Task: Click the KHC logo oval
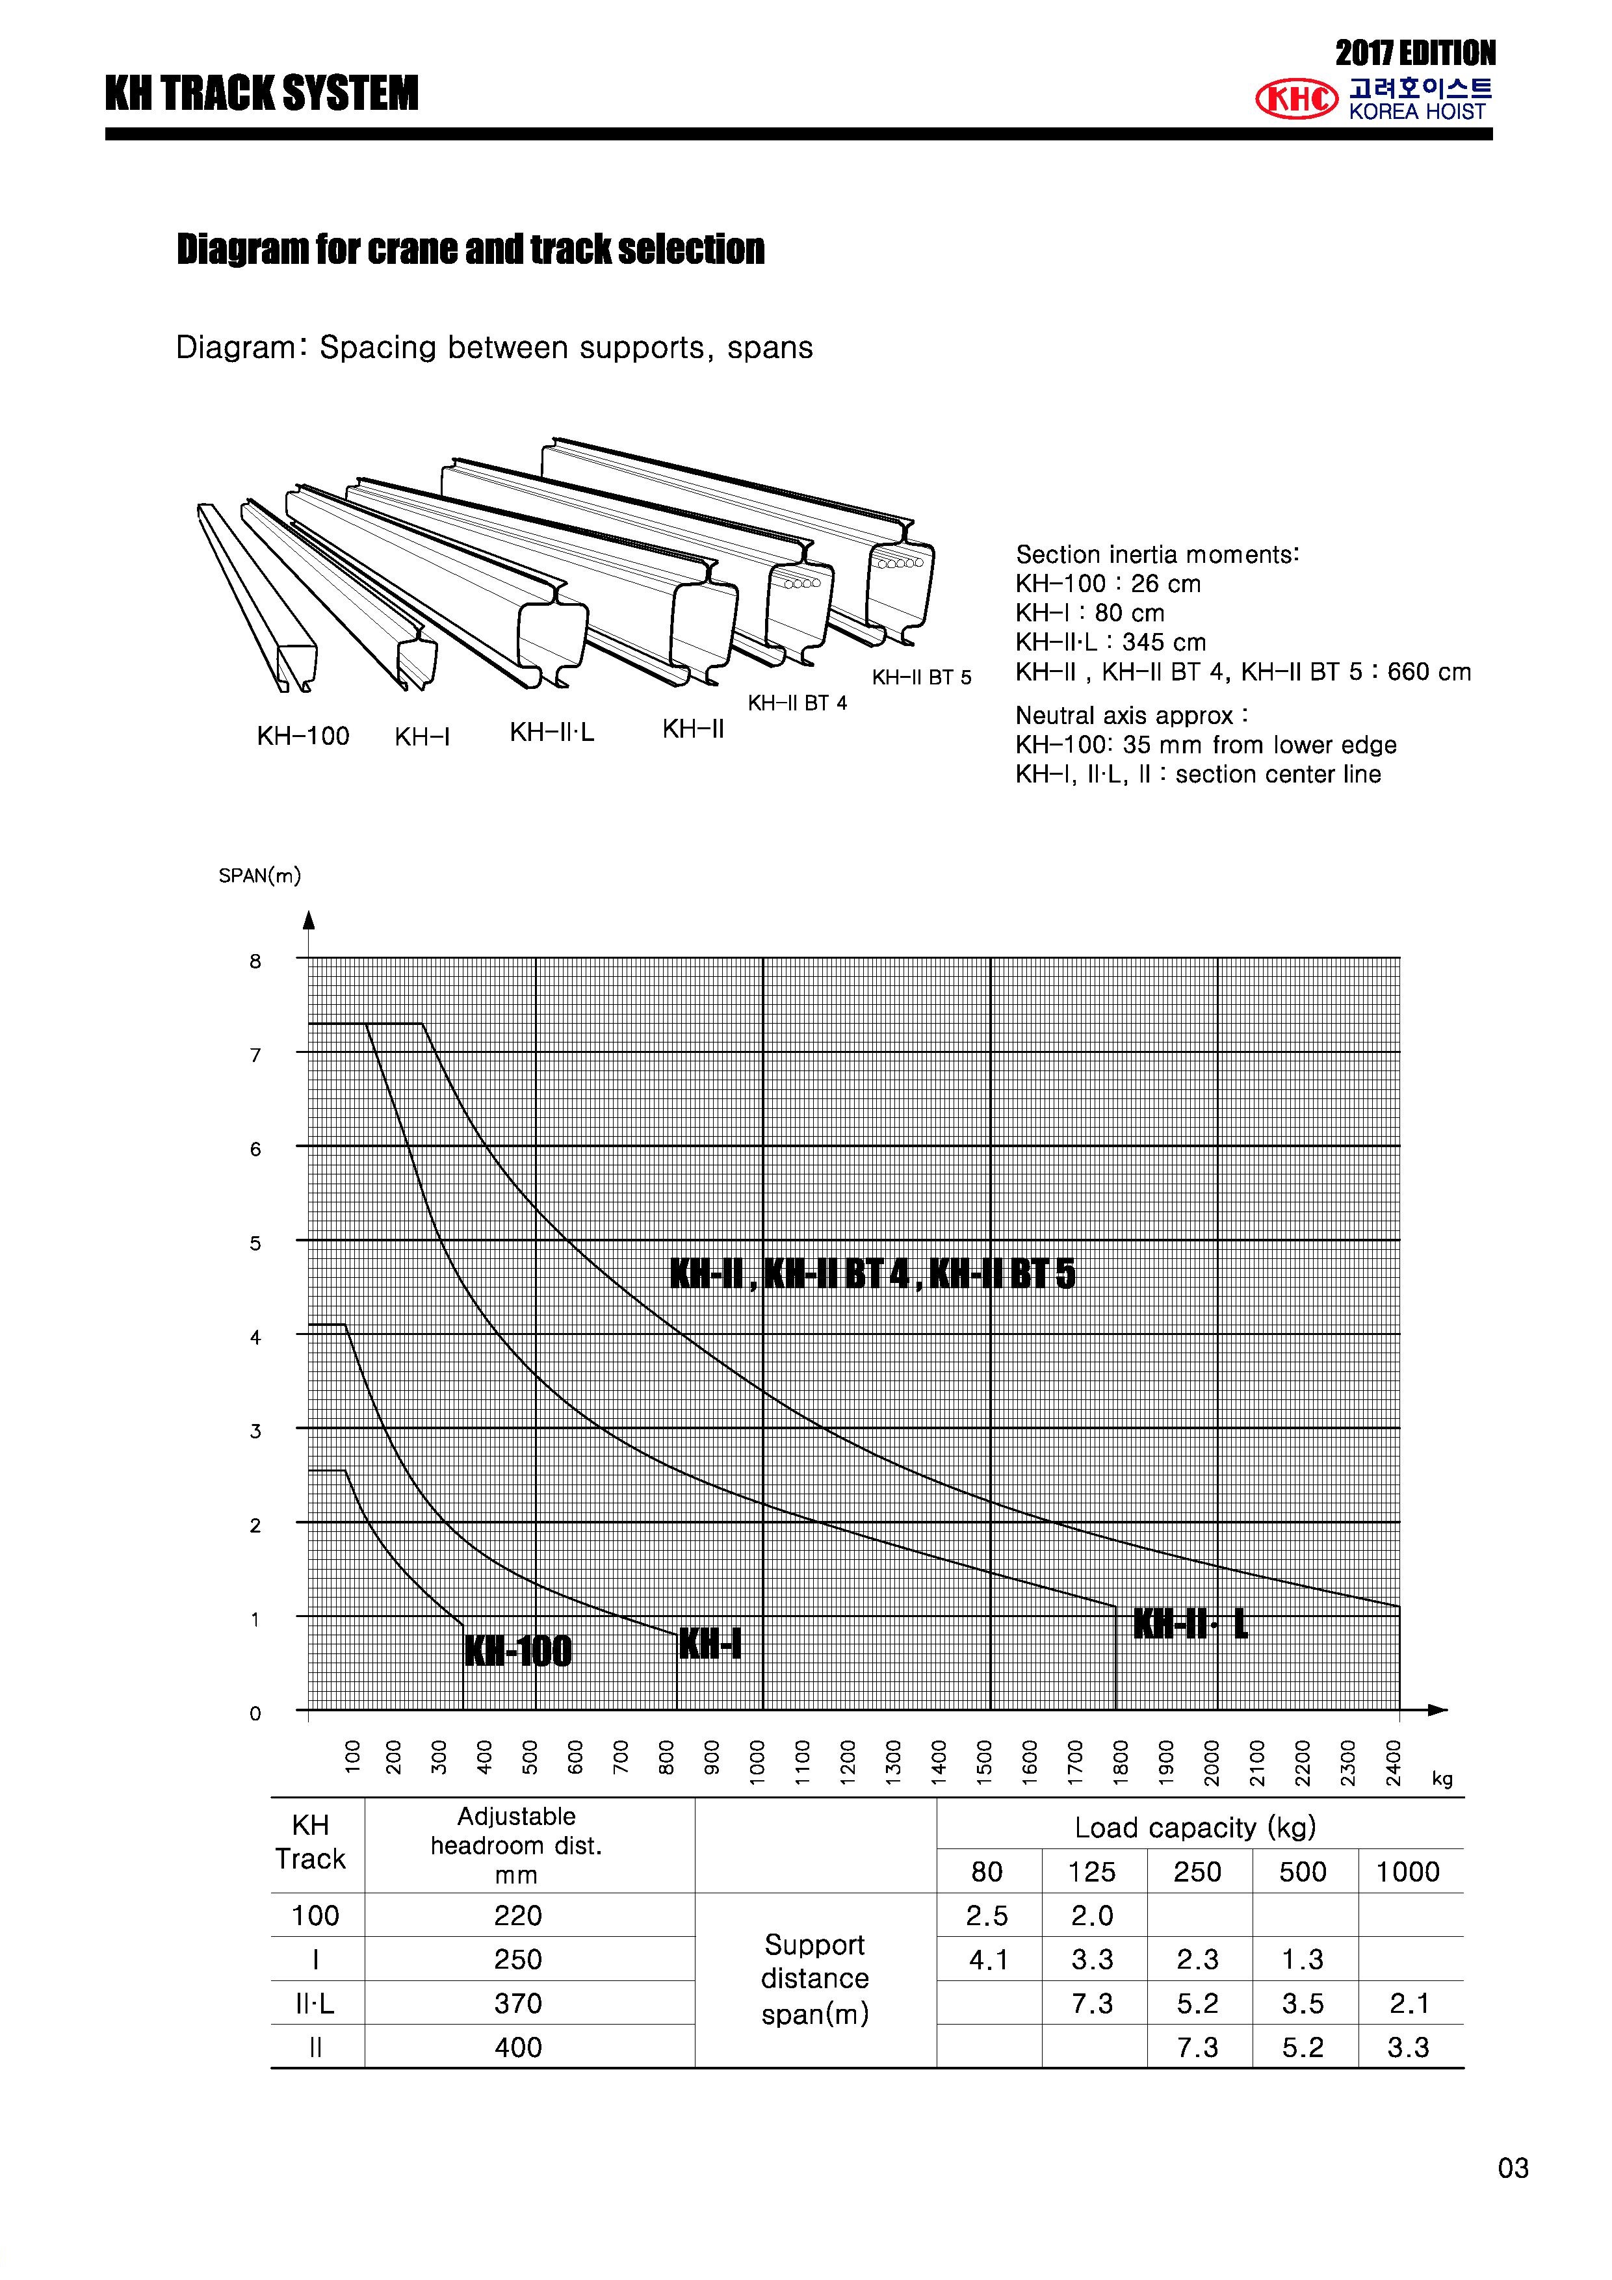[1296, 98]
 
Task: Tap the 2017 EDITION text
[1414, 53]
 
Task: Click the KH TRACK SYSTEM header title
[262, 94]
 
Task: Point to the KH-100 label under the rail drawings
[303, 736]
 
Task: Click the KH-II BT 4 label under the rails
[798, 703]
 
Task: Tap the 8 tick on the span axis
[255, 961]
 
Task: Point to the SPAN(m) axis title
[259, 875]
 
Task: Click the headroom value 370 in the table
[517, 2003]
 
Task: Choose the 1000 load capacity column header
[1407, 1872]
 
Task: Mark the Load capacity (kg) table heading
[1195, 1827]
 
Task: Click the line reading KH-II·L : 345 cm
[1110, 643]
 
